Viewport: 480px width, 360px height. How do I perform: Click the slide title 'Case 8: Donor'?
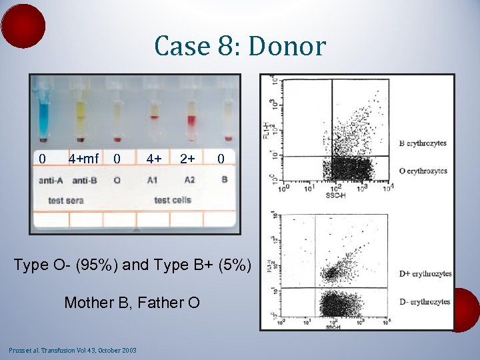pyautogui.click(x=240, y=47)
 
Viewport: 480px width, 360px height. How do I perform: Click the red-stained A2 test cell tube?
pyautogui.click(x=191, y=120)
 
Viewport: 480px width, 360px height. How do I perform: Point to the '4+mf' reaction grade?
pyautogui.click(x=83, y=159)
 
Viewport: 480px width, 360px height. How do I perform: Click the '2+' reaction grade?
pyautogui.click(x=187, y=159)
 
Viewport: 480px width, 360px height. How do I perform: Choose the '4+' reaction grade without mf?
pyautogui.click(x=154, y=159)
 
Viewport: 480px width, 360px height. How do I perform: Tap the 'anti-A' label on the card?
pyautogui.click(x=51, y=180)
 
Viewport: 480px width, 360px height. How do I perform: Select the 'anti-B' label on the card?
pyautogui.click(x=84, y=180)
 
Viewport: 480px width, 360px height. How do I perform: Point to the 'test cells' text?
pyautogui.click(x=172, y=200)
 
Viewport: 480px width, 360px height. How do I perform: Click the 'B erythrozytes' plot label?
pyautogui.click(x=423, y=143)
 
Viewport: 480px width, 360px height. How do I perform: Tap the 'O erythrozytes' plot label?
pyautogui.click(x=423, y=171)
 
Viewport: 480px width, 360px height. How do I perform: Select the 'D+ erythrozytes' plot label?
pyautogui.click(x=425, y=274)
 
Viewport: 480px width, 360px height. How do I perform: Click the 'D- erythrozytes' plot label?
pyautogui.click(x=424, y=302)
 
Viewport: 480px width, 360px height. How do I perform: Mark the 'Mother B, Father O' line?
pyautogui.click(x=132, y=303)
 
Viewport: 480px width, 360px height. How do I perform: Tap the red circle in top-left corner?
pyautogui.click(x=23, y=25)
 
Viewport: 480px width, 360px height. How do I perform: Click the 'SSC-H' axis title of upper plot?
pyautogui.click(x=335, y=195)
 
